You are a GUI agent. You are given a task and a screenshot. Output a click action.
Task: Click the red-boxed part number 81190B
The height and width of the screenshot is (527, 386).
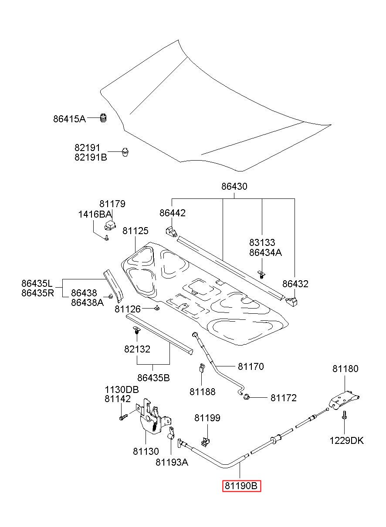(x=241, y=486)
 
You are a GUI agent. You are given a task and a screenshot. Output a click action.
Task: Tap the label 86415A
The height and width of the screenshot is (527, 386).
(x=69, y=119)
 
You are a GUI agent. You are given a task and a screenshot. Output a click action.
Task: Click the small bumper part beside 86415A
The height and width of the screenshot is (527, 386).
(x=103, y=117)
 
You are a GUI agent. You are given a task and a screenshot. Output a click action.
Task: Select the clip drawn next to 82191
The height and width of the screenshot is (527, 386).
(x=125, y=152)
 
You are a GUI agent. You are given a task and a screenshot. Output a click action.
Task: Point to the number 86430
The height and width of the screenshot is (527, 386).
(x=234, y=187)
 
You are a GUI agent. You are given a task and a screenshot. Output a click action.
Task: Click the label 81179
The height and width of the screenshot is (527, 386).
(x=112, y=204)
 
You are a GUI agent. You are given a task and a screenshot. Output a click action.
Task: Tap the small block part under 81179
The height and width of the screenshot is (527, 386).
(x=110, y=225)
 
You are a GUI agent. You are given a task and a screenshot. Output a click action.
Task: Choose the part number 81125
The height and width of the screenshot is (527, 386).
(x=135, y=231)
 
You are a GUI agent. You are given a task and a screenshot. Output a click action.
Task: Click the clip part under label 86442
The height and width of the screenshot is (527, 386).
(x=172, y=232)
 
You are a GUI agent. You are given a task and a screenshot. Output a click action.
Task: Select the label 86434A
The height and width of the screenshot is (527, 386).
(x=265, y=253)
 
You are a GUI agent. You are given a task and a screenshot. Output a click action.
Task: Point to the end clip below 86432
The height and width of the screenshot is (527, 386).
(x=291, y=302)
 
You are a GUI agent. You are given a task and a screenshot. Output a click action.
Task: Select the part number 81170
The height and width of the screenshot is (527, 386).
(x=251, y=366)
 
